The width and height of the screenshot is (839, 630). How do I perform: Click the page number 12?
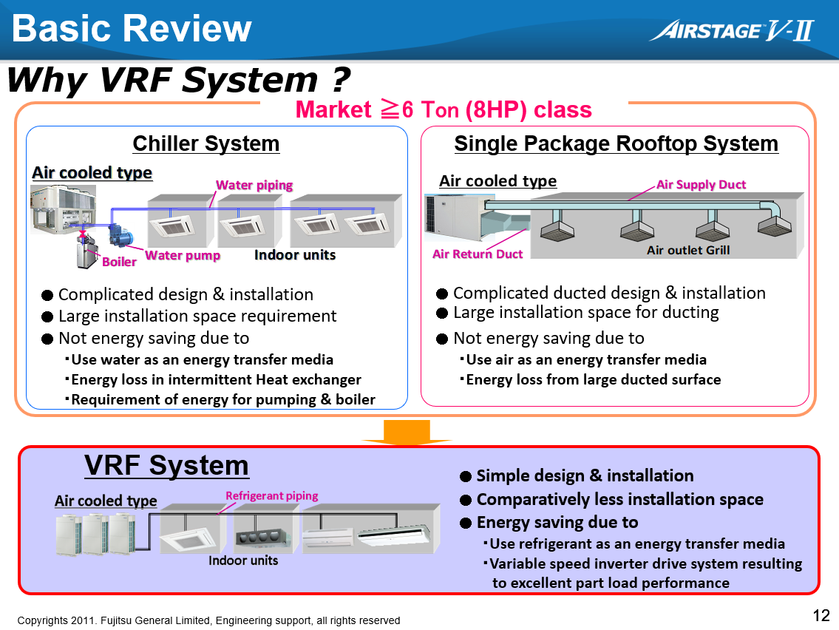821,615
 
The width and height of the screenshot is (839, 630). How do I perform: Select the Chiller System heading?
205,143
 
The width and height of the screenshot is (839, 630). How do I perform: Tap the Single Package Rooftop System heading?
616,143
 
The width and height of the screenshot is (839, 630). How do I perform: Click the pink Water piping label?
254,185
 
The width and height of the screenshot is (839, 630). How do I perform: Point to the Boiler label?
119,261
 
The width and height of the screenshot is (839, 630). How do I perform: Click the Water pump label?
183,255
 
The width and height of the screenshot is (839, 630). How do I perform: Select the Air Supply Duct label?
701,184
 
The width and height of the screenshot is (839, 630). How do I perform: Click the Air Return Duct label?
477,254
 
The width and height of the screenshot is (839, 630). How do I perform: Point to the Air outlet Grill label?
687,250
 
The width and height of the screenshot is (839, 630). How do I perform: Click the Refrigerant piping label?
271,495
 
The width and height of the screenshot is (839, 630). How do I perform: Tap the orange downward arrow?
407,433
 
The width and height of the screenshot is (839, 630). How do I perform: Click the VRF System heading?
166,466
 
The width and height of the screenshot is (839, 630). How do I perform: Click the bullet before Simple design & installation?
466,476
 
